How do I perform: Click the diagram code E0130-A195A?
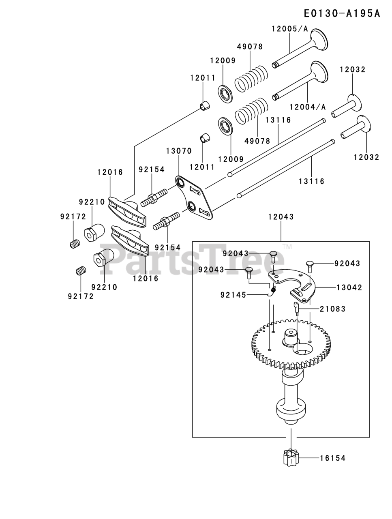342,14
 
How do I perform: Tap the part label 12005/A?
290,29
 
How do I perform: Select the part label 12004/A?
308,107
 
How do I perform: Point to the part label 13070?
179,151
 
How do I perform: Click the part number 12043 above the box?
281,217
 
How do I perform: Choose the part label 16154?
333,458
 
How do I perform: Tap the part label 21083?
333,309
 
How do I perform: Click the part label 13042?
349,287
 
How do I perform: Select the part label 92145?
233,295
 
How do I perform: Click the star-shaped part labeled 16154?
291,458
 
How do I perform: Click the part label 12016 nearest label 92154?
110,172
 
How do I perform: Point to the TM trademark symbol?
287,247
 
